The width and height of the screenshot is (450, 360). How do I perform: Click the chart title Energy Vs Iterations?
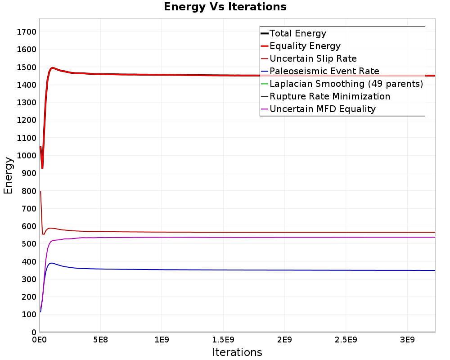[225, 7]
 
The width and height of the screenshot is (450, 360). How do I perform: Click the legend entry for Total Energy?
[297, 33]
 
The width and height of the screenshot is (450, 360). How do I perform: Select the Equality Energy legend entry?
[305, 46]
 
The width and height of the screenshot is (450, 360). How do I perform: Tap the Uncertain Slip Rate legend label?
[313, 58]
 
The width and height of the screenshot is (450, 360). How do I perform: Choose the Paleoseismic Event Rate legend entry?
[324, 71]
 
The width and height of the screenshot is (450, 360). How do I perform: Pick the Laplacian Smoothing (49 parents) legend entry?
[346, 84]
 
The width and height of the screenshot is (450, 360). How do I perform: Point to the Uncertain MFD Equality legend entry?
[322, 109]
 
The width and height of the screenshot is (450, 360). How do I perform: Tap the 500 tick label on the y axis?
[27, 244]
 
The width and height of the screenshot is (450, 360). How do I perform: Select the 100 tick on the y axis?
[27, 315]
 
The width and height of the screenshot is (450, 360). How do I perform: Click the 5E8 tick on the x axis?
[100, 339]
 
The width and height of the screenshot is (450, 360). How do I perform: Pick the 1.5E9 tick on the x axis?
[223, 339]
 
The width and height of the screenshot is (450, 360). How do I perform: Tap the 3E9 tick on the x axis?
[407, 339]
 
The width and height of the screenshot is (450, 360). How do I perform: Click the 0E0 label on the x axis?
[40, 339]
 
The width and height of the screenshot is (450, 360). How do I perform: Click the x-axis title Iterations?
[237, 352]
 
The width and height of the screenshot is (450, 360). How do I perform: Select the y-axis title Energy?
[8, 175]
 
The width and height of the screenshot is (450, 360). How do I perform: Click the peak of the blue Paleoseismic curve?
[52, 263]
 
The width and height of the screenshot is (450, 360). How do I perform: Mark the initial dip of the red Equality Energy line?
[42, 168]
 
